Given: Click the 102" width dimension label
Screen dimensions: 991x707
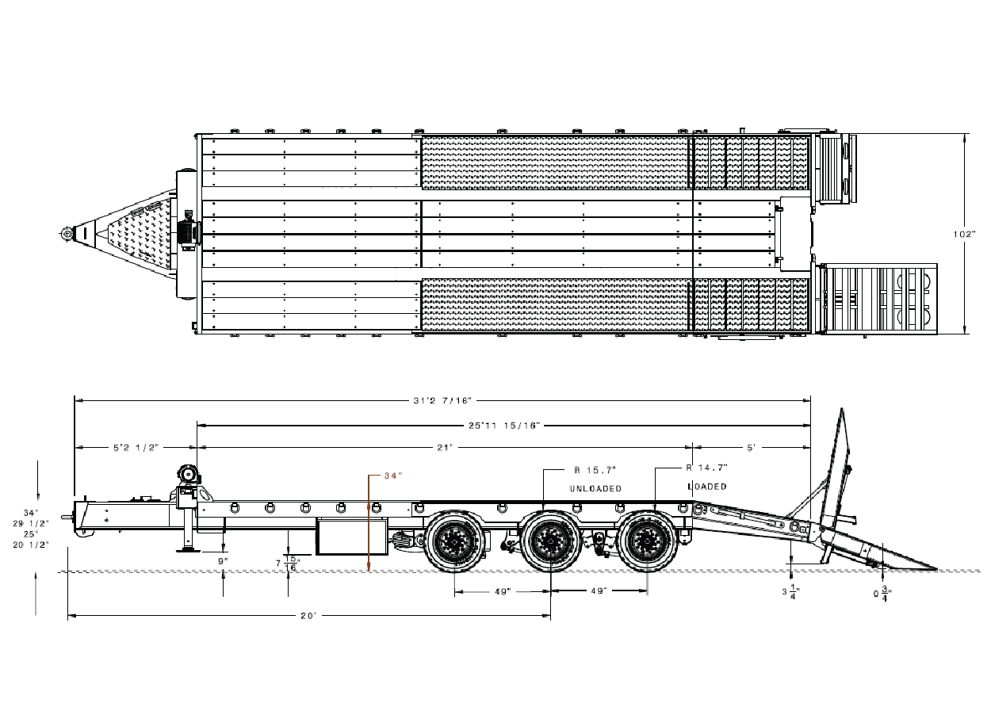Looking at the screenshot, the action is tap(964, 234).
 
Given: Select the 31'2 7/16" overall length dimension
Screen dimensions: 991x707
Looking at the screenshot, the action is tap(442, 401).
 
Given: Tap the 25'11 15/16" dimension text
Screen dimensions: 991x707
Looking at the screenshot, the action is tap(504, 426).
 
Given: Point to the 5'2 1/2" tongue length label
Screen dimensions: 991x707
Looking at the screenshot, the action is tap(136, 448).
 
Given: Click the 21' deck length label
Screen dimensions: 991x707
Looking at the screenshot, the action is tap(445, 448).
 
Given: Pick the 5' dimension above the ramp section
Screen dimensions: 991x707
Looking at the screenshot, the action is tap(752, 448).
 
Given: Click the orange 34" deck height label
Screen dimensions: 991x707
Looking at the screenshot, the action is tap(393, 476).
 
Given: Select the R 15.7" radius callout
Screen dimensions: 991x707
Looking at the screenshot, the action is tap(595, 469).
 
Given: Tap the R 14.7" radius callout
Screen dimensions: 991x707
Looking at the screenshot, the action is tap(707, 467).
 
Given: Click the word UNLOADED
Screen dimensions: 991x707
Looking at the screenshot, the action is tap(595, 488).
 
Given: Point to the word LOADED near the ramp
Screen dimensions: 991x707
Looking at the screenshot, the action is tap(707, 487).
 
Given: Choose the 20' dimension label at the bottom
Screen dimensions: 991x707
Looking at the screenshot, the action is tap(308, 616).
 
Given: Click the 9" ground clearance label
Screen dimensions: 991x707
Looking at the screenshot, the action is tap(223, 561).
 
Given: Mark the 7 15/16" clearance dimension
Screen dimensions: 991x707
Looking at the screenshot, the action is tap(288, 564).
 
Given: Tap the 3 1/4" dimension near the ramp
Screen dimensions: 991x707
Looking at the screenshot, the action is tap(791, 591).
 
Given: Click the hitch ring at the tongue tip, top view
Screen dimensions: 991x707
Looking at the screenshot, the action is tap(67, 233).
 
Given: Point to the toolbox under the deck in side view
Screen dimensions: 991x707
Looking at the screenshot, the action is tap(351, 537).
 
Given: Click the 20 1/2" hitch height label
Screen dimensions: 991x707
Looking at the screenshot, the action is tap(31, 545).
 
